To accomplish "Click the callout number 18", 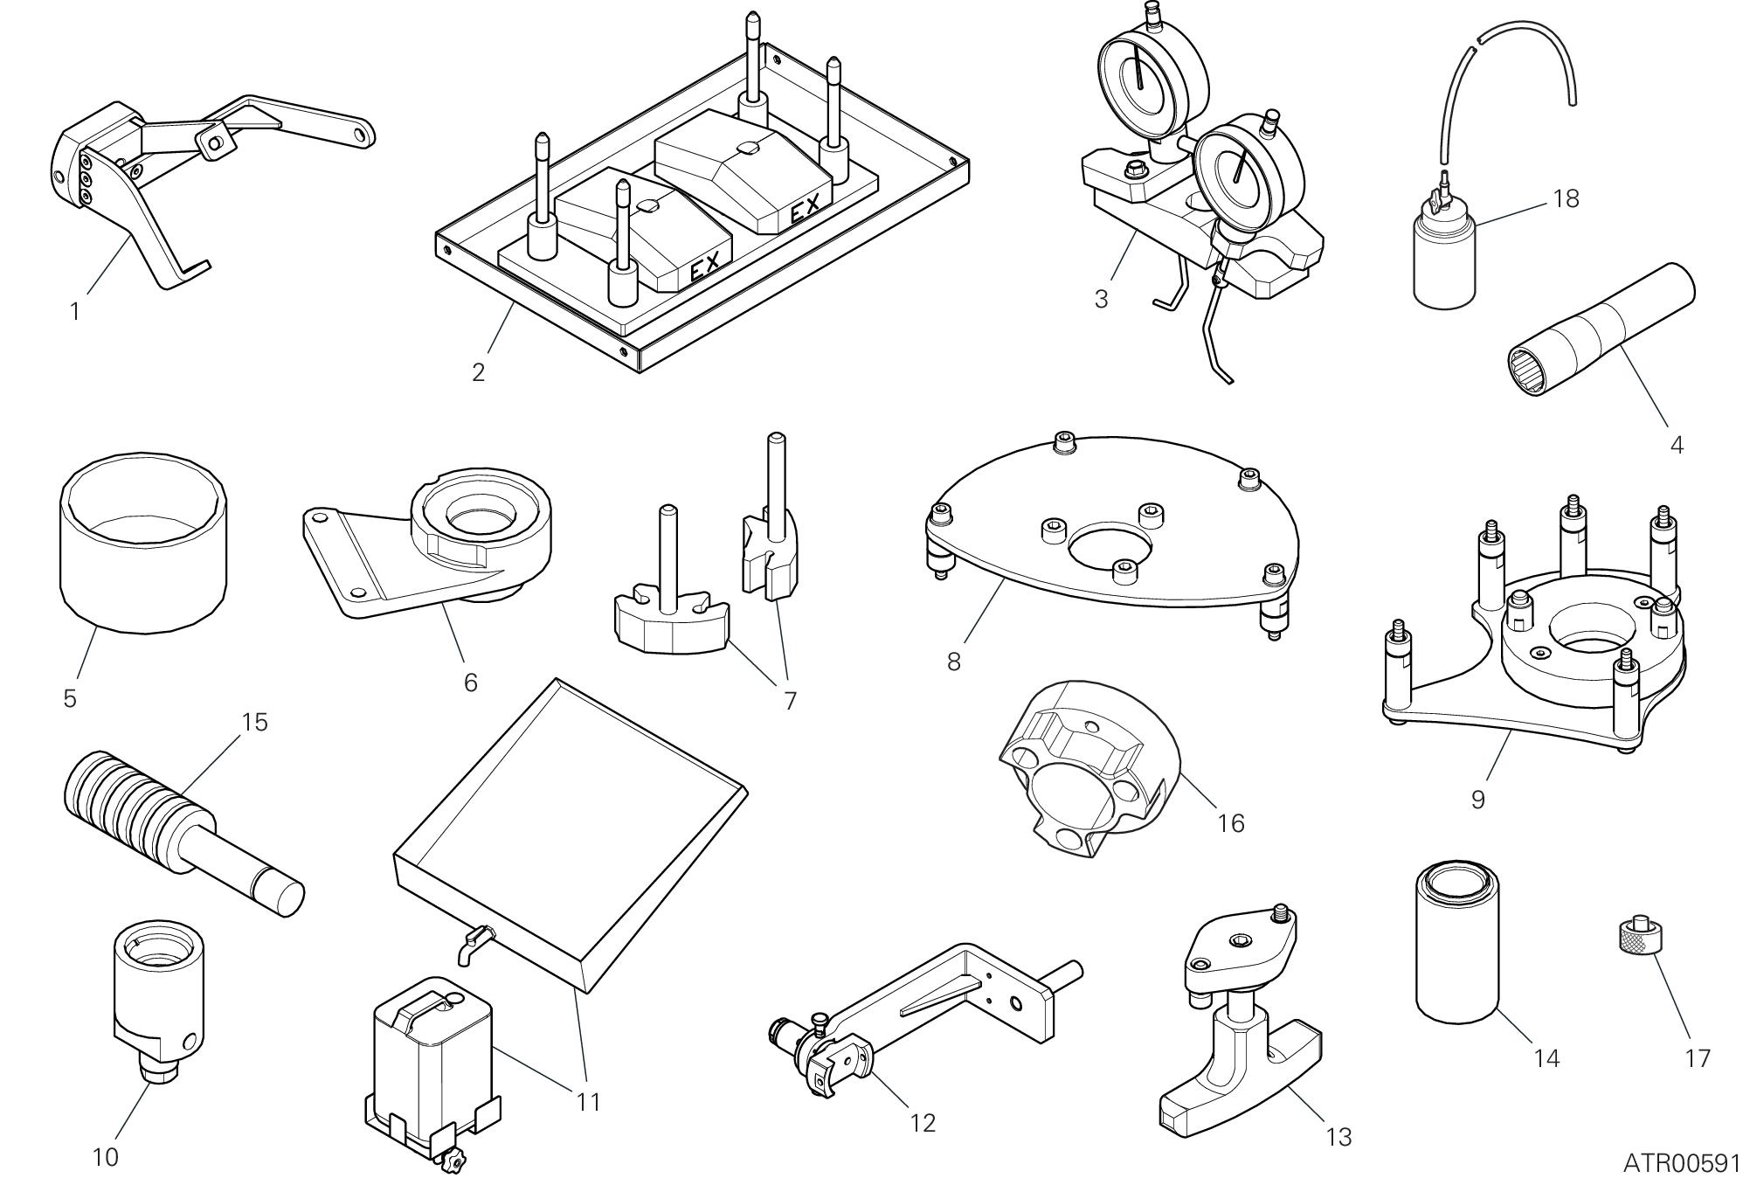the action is pos(1566,199).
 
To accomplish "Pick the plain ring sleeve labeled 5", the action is pos(143,546).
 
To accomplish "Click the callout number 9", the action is pos(1477,800).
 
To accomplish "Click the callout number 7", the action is pos(790,701).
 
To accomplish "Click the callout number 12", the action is pos(923,1123).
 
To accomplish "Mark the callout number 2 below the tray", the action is pos(478,372).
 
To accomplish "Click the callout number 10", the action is pos(105,1158).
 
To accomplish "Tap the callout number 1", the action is pos(75,311).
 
